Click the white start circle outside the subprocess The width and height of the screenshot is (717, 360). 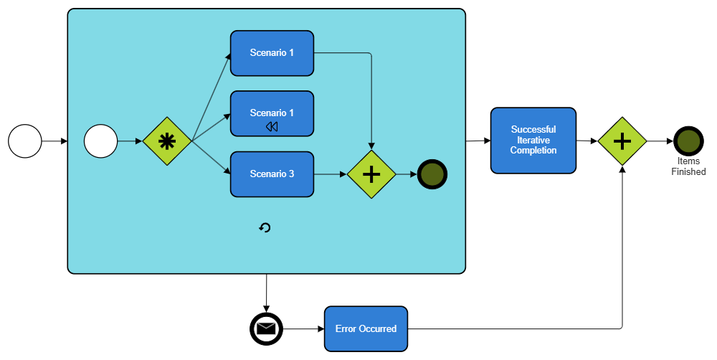tap(25, 141)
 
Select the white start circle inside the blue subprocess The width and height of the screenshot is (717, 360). tap(100, 141)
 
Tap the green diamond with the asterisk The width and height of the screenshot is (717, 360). tap(166, 141)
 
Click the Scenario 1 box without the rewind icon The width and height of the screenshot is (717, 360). tap(272, 53)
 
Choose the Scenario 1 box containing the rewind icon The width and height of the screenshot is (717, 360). tap(272, 113)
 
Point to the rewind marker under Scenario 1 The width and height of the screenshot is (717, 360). tap(272, 127)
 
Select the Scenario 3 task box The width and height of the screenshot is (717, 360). tap(272, 174)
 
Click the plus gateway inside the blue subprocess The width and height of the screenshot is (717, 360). tap(371, 174)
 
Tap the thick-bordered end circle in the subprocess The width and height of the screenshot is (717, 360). tap(432, 174)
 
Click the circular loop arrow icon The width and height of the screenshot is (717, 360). tap(265, 228)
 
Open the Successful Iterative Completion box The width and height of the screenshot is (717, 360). tap(533, 141)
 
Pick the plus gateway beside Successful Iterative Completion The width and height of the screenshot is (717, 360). tap(622, 141)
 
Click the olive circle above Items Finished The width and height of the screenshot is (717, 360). tap(688, 141)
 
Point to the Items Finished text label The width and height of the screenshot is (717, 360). tap(688, 166)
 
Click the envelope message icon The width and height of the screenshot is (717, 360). tap(266, 329)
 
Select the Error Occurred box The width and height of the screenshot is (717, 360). tap(366, 329)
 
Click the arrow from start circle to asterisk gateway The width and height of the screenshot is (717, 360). tap(130, 141)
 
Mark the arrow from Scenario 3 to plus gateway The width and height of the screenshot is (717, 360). tap(331, 174)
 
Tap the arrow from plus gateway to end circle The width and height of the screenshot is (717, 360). tap(407, 174)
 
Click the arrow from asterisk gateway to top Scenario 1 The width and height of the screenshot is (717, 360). tap(211, 97)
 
